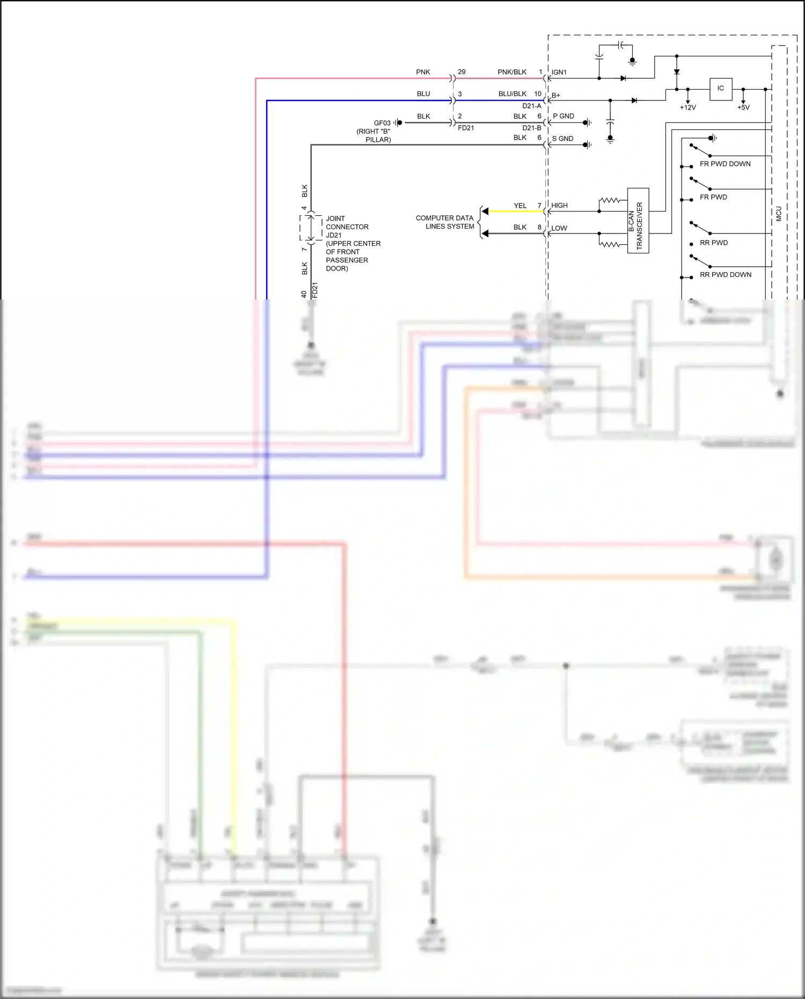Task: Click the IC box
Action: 720,89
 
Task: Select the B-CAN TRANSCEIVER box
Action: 638,221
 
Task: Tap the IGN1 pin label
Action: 559,72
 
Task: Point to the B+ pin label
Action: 556,96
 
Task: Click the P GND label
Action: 563,116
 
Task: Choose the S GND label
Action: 562,139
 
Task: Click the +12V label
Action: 687,108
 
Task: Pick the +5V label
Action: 743,108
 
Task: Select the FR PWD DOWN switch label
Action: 725,164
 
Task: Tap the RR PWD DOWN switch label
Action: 726,275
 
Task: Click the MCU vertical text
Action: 779,214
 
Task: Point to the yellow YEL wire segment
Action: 515,212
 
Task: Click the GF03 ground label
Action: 382,123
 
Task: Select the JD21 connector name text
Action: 334,235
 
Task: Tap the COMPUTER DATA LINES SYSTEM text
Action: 445,222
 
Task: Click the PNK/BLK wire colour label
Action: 512,72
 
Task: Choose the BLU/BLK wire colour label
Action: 512,94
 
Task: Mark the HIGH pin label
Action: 559,206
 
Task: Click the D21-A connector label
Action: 531,106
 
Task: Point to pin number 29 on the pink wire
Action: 462,72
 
